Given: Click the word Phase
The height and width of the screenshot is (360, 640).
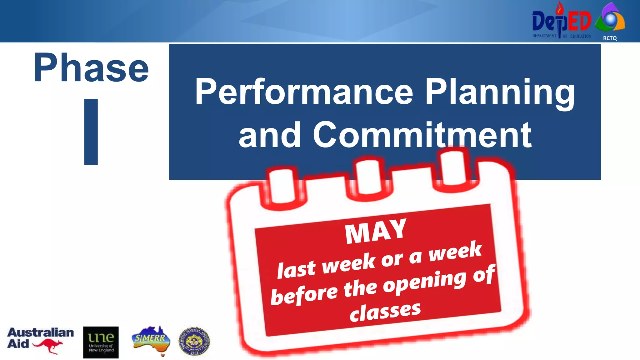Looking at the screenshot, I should (x=91, y=68).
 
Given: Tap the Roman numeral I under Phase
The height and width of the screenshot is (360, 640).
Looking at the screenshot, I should (x=91, y=132).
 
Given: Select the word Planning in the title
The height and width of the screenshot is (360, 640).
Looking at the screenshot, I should (x=500, y=92).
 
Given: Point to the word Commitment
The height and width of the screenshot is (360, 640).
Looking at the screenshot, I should (x=422, y=135).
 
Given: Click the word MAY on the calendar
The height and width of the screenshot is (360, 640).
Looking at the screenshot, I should (x=376, y=231).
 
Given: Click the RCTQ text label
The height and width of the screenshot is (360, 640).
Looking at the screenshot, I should (x=610, y=38).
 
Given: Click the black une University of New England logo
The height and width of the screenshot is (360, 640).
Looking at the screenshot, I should (x=101, y=342).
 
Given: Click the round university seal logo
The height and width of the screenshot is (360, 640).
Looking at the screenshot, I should (x=194, y=342).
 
